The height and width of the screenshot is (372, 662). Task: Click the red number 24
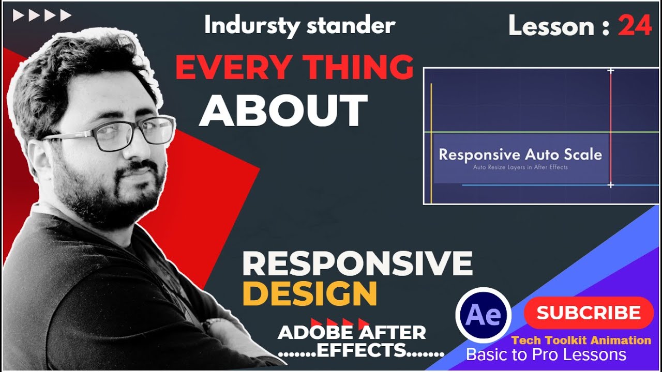coord(635,25)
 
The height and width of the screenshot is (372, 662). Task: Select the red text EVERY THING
coord(294,68)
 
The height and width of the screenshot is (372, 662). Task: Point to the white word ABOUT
coord(283,111)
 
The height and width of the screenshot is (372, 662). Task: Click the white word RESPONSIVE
coord(357,263)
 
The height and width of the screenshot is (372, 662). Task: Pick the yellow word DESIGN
coord(309,294)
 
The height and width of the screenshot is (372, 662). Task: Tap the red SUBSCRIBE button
coord(589,313)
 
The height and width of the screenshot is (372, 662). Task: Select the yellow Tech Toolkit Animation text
coord(581,340)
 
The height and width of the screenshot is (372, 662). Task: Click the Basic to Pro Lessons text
coord(546,355)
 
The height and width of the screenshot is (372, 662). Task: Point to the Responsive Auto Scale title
coord(520,154)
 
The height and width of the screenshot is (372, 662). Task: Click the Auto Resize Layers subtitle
coord(520,167)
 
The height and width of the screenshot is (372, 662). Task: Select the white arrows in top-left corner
coord(42,16)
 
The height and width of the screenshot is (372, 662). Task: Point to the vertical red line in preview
coord(610,129)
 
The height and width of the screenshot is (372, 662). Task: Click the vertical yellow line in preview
coord(431,145)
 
